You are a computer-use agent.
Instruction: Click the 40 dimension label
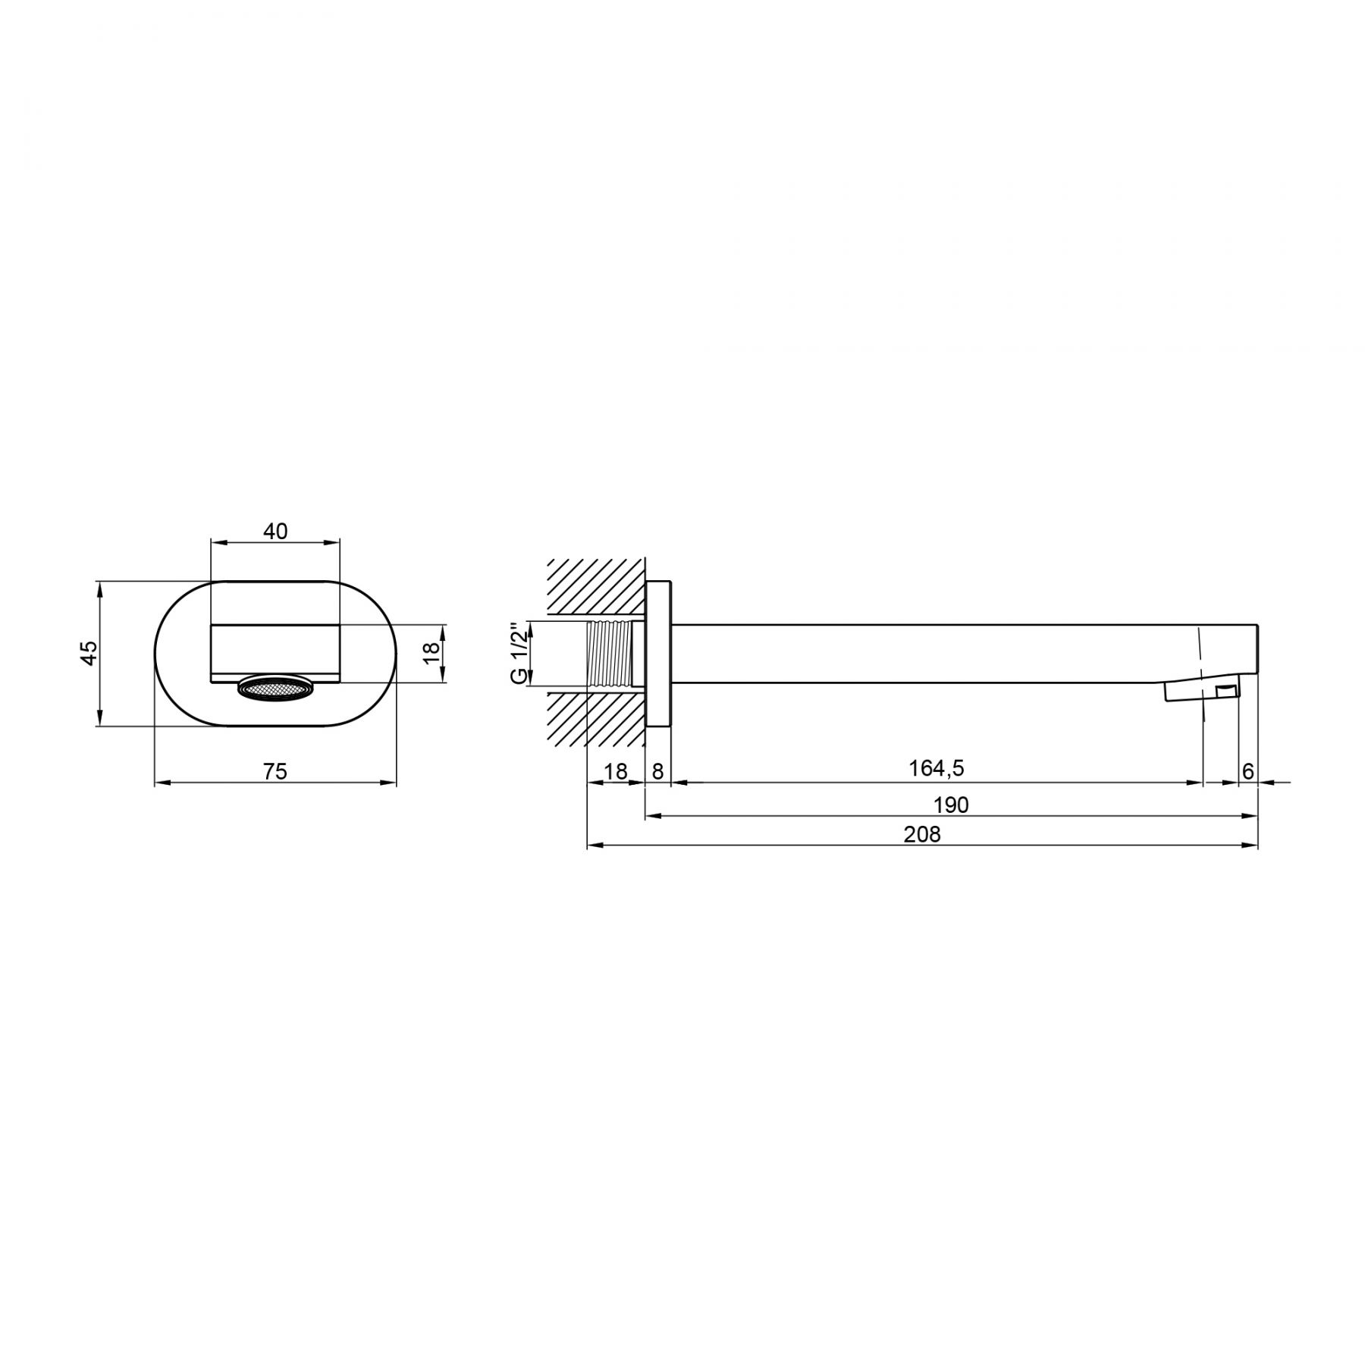275,532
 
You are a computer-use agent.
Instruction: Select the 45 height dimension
89,653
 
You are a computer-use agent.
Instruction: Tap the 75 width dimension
275,771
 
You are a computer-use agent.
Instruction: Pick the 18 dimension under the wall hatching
616,771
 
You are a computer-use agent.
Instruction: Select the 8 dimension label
657,771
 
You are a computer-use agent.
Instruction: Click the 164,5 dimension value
937,768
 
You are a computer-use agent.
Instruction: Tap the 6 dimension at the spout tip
1248,771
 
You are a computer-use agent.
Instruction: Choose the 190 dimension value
951,805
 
